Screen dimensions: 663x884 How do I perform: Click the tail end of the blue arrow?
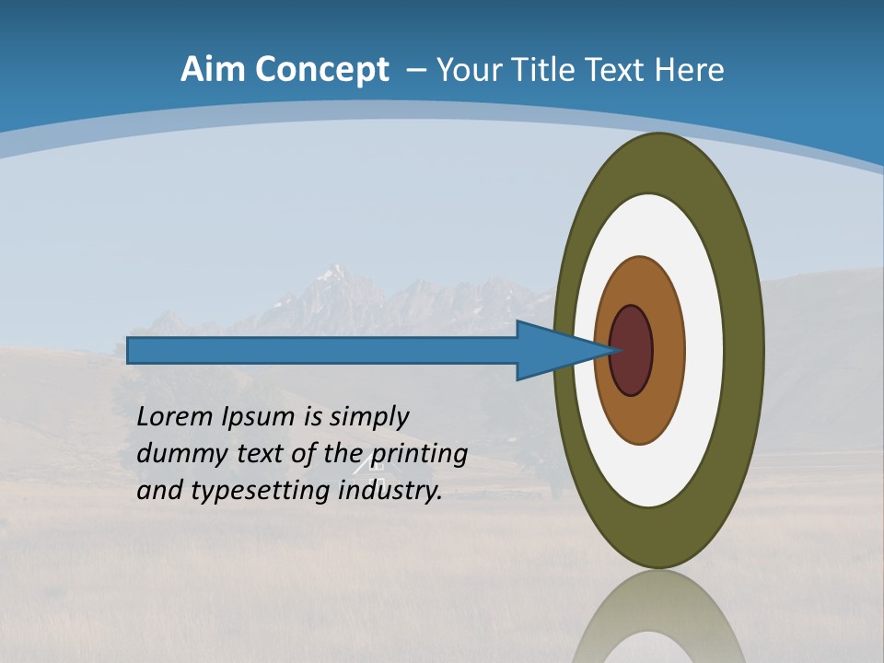[x=134, y=351]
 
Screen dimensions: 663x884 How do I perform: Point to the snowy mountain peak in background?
[x=333, y=276]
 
